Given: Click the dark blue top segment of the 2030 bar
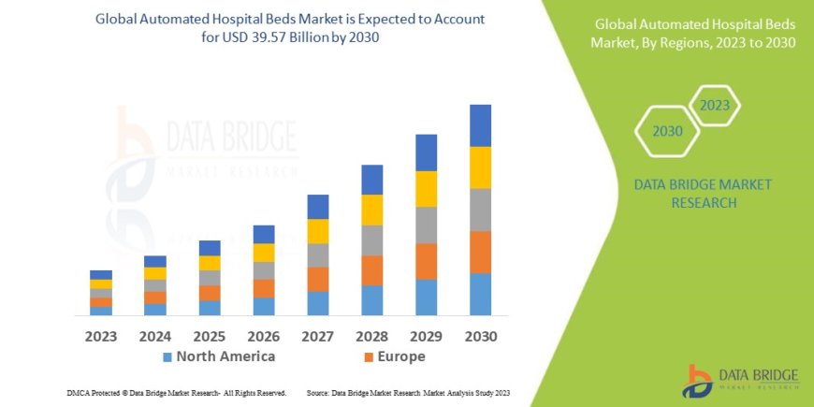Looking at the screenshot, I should click(480, 125).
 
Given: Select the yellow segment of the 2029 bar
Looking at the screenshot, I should click(426, 189).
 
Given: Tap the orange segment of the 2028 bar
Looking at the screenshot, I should click(371, 270).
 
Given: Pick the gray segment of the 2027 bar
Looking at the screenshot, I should click(317, 255).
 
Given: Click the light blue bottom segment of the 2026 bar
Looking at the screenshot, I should click(264, 306).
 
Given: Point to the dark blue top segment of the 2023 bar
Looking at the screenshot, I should click(101, 275).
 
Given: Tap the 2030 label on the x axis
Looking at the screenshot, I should click(480, 336).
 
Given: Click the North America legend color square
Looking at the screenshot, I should click(167, 357).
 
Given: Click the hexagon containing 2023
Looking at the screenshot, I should click(714, 105).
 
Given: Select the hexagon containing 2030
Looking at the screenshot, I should click(667, 131).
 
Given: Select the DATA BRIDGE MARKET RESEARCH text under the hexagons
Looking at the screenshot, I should click(690, 193).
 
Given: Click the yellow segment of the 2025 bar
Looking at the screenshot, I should click(210, 263).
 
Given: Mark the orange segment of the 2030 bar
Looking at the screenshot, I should click(480, 252).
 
